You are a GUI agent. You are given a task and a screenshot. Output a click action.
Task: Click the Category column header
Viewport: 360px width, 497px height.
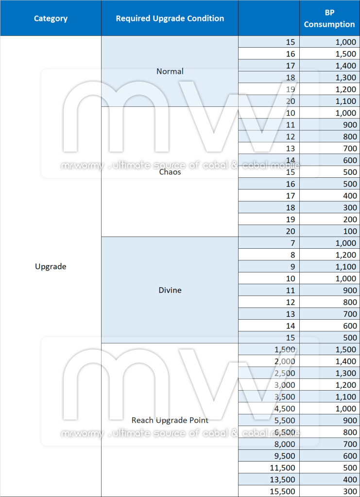(51, 19)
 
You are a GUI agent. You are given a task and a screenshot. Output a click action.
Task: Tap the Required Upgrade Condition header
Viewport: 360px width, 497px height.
(170, 18)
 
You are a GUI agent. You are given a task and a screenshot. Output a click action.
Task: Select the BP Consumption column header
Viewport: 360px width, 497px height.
(329, 18)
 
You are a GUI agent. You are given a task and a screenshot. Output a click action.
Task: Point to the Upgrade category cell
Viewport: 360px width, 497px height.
(51, 266)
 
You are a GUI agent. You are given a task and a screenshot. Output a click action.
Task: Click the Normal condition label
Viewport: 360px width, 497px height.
(170, 71)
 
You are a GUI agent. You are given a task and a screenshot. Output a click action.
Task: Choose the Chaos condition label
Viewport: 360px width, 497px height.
(170, 172)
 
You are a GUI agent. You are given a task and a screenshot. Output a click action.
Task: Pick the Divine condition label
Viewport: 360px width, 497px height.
(170, 290)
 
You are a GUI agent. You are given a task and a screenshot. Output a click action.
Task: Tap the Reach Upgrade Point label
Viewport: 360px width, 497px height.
(170, 420)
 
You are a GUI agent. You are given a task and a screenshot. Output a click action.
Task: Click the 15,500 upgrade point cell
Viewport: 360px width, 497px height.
(282, 492)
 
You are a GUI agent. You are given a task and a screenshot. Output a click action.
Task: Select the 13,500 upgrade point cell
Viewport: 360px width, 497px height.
(282, 480)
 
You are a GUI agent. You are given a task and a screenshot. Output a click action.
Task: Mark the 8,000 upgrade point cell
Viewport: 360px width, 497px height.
(284, 444)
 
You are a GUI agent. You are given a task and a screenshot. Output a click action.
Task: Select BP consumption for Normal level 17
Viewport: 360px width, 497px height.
(345, 66)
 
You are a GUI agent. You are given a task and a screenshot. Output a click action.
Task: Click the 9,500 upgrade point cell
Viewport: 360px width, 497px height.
(284, 456)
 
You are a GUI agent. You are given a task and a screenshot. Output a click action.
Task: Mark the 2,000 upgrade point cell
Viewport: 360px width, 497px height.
(284, 361)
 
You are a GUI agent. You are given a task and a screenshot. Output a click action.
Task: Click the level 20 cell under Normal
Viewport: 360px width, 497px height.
(290, 101)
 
